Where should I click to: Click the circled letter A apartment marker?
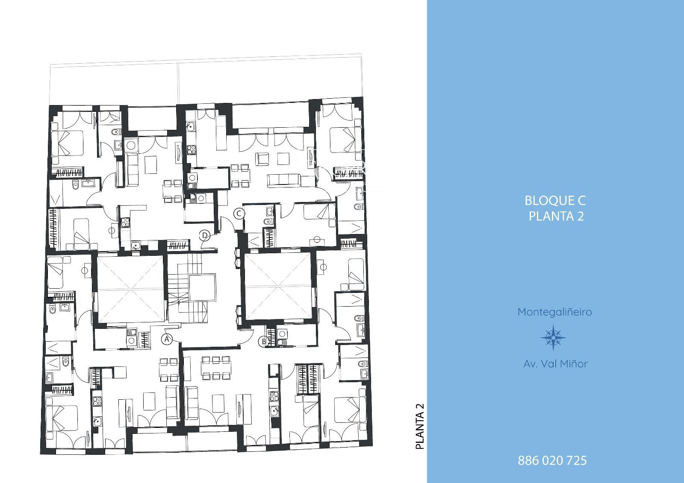pos(167,339)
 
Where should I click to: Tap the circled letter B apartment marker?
pos(263,341)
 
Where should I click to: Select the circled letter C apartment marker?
pos(239,214)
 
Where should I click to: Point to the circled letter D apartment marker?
pos(205,235)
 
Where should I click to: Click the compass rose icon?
pos(553,337)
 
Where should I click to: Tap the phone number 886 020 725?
pos(552,460)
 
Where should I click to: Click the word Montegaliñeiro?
pos(555,312)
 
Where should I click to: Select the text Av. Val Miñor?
pos(555,364)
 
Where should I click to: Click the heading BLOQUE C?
pos(555,200)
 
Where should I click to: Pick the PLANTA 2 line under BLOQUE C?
pos(556,217)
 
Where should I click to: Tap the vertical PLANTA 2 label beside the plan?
pos(420,426)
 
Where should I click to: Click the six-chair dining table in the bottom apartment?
pos(215,368)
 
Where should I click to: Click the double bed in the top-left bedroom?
pos(67,143)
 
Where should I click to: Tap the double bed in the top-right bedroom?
pos(346,140)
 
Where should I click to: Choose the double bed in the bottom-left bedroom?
pos(62,418)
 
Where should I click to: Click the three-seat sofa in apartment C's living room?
pos(284,181)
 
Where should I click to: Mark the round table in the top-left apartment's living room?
pos(131,145)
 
